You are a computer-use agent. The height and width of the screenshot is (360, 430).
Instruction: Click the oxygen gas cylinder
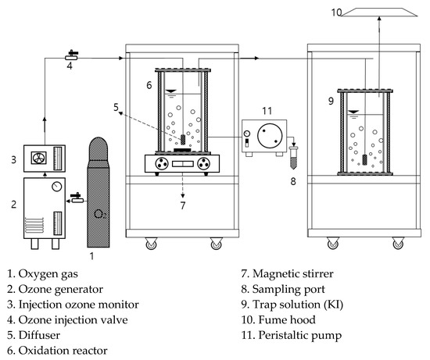tap(99, 192)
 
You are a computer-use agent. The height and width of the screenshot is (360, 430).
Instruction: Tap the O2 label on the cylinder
tap(100, 214)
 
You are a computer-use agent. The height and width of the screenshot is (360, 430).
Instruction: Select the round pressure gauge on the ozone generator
tap(57, 187)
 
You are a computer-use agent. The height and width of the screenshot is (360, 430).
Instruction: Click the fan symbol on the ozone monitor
tap(38, 158)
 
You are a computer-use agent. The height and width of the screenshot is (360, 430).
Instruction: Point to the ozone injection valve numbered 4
tap(71, 55)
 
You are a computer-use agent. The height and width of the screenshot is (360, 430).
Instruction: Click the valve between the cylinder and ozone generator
tap(77, 198)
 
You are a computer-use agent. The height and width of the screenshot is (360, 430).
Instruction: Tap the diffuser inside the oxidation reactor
tap(183, 140)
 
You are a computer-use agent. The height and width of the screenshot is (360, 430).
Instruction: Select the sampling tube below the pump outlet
tap(293, 158)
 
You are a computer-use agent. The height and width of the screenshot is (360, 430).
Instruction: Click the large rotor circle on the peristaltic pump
tap(270, 135)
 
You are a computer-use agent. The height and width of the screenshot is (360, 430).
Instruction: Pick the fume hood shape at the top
tap(379, 12)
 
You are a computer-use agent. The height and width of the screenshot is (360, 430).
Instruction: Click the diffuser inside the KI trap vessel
tap(365, 160)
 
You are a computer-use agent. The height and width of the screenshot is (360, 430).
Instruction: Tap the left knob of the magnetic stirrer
tap(162, 164)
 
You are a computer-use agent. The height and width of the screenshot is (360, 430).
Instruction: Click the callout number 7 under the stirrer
tap(183, 205)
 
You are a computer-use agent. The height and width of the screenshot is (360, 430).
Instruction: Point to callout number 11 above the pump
tap(267, 111)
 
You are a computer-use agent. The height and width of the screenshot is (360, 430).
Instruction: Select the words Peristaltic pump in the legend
tap(300, 336)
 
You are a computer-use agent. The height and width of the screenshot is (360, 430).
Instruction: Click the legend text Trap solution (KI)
tap(298, 305)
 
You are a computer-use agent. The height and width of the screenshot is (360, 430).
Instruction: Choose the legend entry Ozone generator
tap(61, 290)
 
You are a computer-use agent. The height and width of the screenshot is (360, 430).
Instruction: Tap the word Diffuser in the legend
tap(39, 335)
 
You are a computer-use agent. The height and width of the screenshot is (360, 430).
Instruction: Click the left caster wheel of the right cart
tap(332, 243)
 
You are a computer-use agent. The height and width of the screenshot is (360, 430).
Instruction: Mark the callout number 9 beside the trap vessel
tap(331, 101)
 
